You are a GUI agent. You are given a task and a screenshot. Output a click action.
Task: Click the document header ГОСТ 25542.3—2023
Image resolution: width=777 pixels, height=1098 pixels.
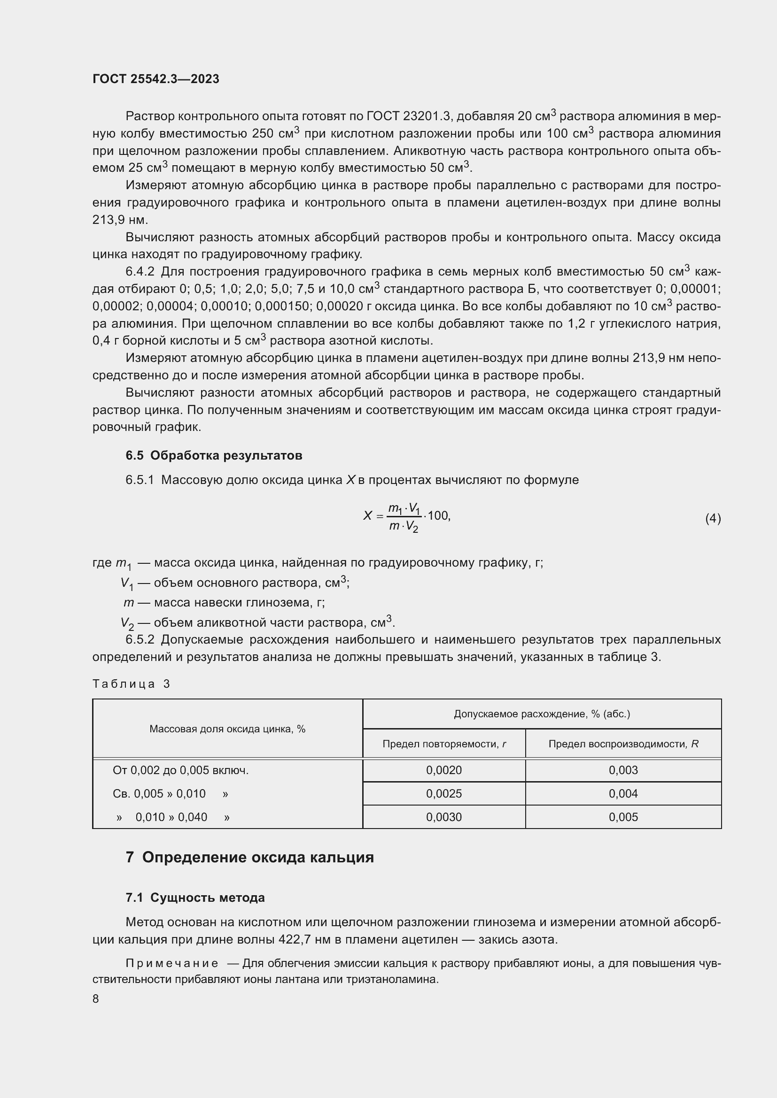155,79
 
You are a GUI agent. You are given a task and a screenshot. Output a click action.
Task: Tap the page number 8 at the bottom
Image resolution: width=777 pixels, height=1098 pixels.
96,998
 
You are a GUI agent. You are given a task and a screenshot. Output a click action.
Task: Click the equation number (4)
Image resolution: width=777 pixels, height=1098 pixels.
713,518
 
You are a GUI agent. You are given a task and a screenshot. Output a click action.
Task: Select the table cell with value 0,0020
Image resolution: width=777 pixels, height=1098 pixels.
443,770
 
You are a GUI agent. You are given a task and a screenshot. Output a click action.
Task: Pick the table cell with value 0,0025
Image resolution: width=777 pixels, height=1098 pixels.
443,793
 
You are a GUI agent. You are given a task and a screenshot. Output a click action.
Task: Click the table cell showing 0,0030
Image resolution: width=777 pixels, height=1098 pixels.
443,817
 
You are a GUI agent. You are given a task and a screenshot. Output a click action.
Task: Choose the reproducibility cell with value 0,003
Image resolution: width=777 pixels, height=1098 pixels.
623,770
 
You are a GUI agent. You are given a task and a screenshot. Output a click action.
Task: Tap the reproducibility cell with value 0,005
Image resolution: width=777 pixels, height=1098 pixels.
623,817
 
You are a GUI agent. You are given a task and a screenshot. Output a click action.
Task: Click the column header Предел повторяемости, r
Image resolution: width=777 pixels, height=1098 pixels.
443,744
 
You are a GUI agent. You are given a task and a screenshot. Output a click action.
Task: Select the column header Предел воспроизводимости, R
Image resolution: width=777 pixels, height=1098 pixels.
623,744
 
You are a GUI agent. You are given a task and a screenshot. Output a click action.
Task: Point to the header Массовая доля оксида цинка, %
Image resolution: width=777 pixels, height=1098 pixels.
227,729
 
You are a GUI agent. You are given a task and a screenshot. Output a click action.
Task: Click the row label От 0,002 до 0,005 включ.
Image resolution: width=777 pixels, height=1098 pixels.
180,770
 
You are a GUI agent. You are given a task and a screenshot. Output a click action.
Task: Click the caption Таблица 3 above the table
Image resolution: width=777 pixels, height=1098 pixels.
131,684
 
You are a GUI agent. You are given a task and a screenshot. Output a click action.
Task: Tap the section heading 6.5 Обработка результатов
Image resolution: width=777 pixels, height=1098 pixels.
214,455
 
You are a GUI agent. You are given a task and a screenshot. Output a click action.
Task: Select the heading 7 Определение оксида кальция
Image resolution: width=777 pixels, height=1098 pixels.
250,857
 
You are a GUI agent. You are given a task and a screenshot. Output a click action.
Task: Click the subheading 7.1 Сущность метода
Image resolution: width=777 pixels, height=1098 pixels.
195,898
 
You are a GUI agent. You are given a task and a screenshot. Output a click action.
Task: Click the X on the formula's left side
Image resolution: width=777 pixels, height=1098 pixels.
367,515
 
